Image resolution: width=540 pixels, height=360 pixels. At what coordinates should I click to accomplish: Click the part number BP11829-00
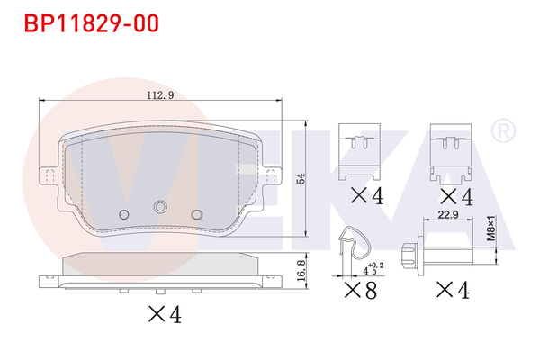pos(86,22)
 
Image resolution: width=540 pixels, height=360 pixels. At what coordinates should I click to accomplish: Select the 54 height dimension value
pos(302,177)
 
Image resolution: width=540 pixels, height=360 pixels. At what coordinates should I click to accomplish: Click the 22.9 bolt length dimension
pos(448,213)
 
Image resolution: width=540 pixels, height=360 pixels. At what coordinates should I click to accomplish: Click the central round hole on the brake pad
pos(160,208)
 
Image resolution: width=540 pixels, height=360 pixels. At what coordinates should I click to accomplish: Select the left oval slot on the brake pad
pos(123,213)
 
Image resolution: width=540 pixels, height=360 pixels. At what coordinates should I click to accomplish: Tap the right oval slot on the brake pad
pos(197,213)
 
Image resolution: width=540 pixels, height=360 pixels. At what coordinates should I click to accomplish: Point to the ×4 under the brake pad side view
pos(164,315)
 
